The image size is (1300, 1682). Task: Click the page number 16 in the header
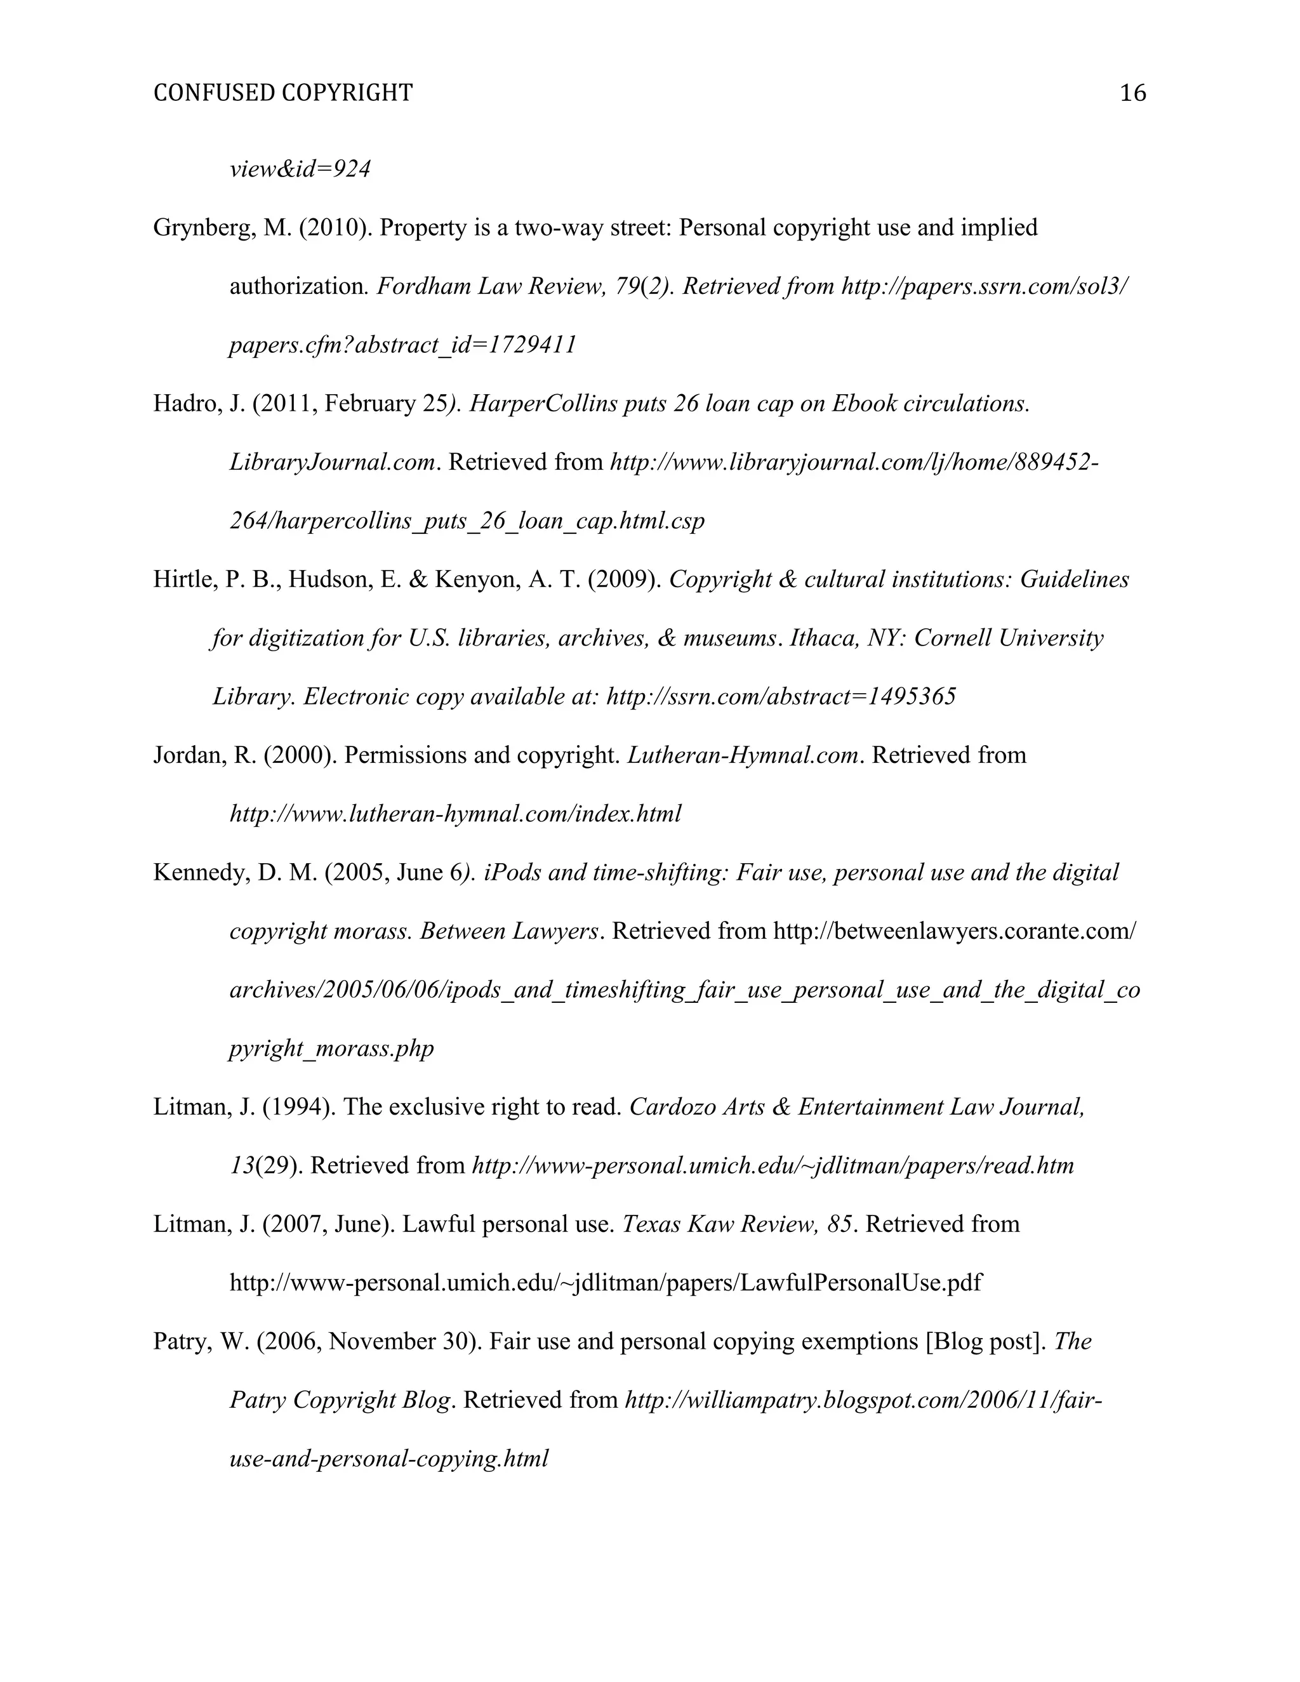point(1132,93)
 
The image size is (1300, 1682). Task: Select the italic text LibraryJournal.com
point(332,462)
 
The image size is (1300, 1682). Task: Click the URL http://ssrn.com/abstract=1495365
point(781,696)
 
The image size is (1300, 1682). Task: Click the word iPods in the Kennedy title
point(512,873)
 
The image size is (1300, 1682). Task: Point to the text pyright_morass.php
point(331,1048)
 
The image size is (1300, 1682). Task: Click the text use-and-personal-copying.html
point(389,1459)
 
